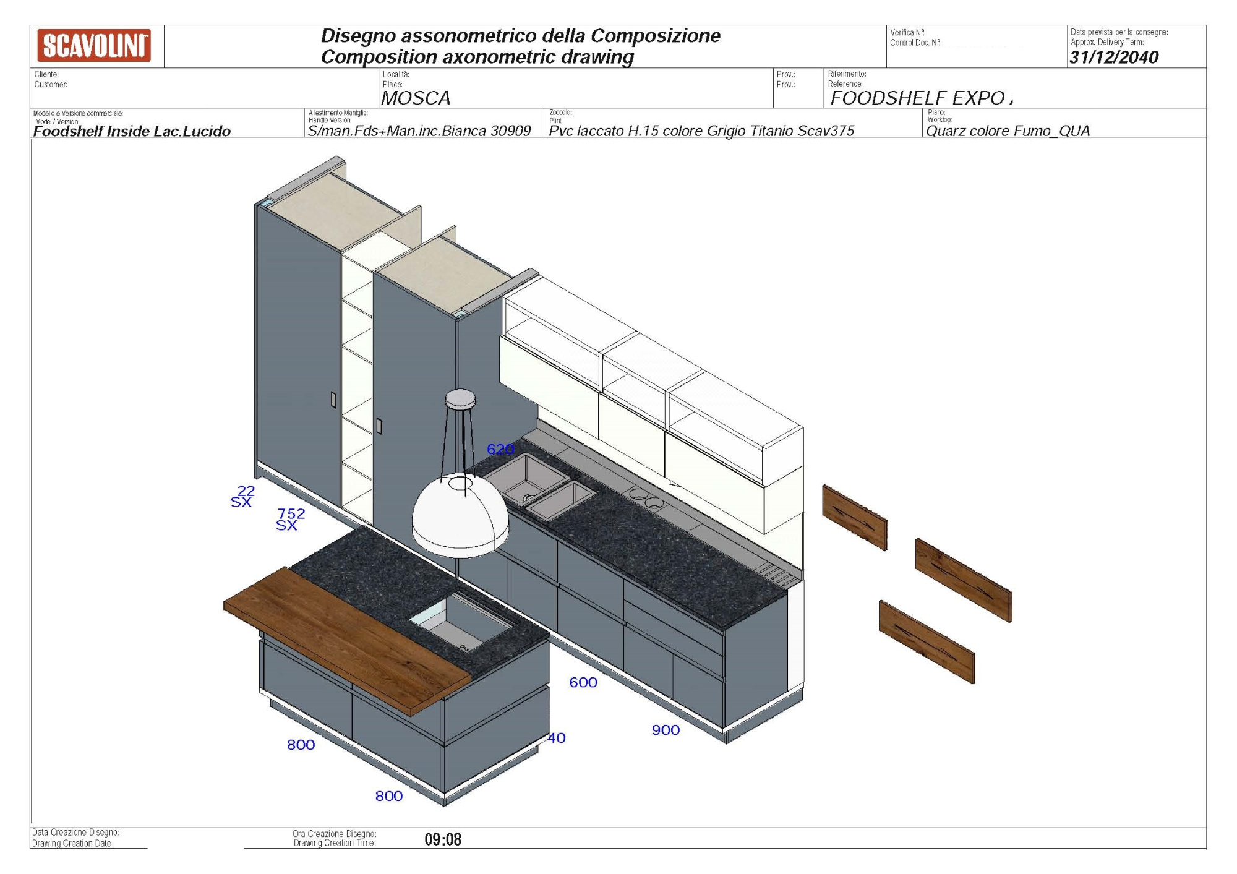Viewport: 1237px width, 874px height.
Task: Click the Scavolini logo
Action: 94,46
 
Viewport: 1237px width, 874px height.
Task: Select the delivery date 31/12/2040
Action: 1114,57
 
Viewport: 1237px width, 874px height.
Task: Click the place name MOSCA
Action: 416,98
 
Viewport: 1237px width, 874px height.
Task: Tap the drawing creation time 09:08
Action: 443,839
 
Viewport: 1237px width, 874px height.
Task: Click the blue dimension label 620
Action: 500,449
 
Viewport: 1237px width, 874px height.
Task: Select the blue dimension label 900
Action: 666,730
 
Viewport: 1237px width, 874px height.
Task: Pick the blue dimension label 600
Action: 583,682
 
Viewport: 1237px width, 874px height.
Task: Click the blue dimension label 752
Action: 291,513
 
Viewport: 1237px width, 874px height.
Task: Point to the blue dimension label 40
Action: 557,737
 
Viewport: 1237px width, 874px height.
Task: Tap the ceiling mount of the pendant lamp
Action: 460,399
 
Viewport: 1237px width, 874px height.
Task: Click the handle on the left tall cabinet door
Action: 334,400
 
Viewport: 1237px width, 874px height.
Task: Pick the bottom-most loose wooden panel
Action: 927,641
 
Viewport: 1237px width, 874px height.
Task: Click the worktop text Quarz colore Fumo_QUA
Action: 1008,131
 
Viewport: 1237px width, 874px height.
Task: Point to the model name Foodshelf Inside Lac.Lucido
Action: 132,131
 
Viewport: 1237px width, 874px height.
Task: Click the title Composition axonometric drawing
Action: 477,57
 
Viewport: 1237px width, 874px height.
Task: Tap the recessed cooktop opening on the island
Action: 461,622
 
